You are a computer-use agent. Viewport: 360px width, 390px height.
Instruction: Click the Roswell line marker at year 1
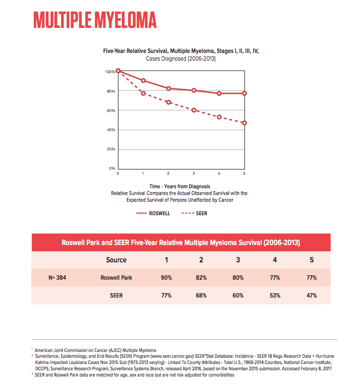coord(143,80)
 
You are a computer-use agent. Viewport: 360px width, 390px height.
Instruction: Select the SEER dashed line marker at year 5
coord(244,123)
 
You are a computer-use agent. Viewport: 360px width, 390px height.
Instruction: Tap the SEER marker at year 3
coord(194,110)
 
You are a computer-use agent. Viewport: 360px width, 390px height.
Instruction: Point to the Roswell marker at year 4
coord(219,93)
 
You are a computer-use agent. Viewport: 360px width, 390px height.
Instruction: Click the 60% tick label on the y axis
coord(111,110)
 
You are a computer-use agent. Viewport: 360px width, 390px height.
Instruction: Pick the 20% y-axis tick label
coord(111,149)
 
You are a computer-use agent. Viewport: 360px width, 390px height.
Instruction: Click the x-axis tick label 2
coord(168,173)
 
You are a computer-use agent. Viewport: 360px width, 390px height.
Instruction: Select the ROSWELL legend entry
coord(153,213)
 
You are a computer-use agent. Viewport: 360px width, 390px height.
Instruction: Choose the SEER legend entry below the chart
coord(194,213)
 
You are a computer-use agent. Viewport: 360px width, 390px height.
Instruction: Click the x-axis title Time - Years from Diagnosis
coord(180,186)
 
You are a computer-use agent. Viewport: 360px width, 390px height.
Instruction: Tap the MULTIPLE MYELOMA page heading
coord(95,20)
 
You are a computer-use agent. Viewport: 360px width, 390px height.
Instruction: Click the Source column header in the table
coord(116,260)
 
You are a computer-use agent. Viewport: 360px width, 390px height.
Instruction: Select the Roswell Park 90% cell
coord(167,278)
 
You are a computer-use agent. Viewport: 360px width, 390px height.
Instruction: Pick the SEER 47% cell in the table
coord(312,296)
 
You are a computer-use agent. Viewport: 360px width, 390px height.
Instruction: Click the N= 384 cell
coord(57,278)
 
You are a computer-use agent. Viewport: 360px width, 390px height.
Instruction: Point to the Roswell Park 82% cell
coord(201,278)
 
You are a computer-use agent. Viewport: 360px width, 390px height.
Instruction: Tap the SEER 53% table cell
coord(275,296)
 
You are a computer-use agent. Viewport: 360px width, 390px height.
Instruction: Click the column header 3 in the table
coord(238,260)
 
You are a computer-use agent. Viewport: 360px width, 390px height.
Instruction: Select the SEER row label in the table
coord(116,296)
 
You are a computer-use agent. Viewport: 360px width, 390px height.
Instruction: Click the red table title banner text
coord(181,243)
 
